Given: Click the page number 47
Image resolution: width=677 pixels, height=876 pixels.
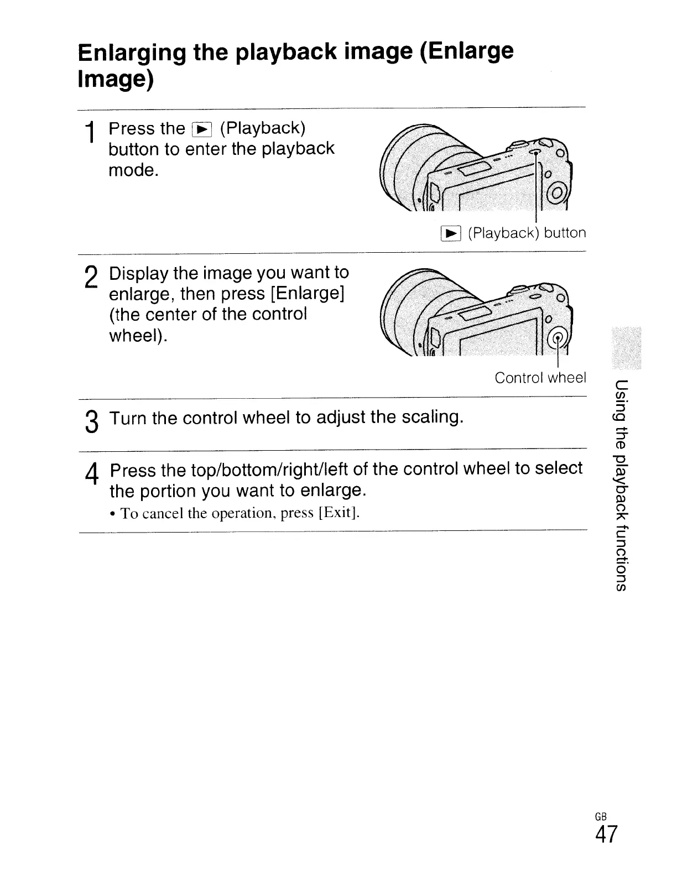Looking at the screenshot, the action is tap(606, 835).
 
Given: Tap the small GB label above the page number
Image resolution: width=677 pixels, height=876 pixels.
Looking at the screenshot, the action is tap(601, 816).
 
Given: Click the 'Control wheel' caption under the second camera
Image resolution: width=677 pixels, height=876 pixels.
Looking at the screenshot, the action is tap(540, 378).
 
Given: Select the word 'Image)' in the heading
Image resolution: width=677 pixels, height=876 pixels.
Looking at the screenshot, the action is tap(115, 80).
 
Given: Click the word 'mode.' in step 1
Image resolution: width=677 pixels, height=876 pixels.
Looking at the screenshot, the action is tap(133, 170).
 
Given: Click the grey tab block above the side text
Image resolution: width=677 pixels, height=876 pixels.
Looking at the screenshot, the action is tap(624, 348).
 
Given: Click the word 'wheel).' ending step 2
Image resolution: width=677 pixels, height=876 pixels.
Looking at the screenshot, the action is tap(139, 336).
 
